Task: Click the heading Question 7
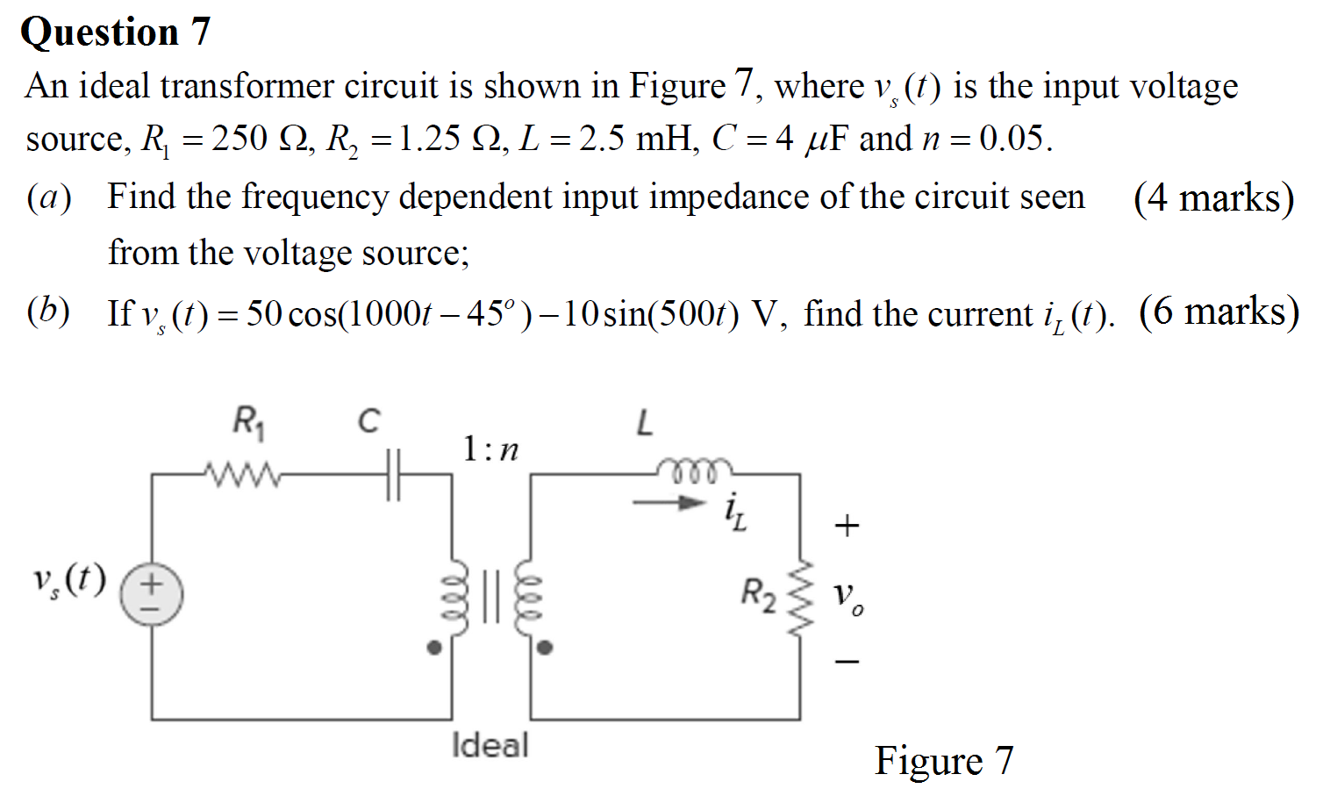(x=115, y=32)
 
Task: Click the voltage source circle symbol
(x=151, y=594)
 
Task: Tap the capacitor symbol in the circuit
(x=393, y=475)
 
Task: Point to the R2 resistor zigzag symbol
(x=801, y=597)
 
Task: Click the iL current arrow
(x=669, y=504)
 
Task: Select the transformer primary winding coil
(x=455, y=597)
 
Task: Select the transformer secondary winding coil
(x=527, y=597)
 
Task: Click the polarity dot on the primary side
(x=433, y=648)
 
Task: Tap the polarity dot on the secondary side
(x=545, y=648)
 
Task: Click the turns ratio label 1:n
(x=490, y=449)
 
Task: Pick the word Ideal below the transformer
(x=490, y=745)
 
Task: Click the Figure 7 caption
(x=943, y=760)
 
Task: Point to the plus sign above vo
(x=847, y=526)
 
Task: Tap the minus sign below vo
(x=847, y=661)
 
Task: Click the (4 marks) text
(x=1213, y=198)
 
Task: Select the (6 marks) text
(x=1219, y=312)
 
